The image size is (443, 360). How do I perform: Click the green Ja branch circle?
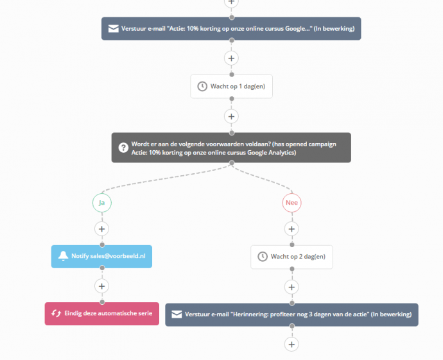[101, 203]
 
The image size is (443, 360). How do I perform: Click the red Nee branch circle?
[291, 203]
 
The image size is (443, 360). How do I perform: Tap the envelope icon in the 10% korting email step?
[112, 29]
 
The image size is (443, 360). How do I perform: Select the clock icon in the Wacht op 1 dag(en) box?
[202, 86]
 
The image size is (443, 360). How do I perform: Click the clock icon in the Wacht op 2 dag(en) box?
[262, 257]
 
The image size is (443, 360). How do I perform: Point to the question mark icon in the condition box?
[122, 148]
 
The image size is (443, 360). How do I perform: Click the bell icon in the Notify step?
[63, 257]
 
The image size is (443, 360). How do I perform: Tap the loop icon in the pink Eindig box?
[56, 314]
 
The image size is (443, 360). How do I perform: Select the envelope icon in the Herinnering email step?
[176, 315]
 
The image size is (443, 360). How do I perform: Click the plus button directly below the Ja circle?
[101, 228]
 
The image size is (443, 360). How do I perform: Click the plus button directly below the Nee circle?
[291, 228]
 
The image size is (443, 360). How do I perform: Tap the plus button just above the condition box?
[232, 116]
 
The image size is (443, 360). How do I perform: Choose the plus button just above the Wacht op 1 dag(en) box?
[232, 58]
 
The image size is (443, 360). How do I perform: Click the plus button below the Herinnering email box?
[291, 344]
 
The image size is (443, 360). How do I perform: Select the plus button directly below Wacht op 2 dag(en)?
[291, 286]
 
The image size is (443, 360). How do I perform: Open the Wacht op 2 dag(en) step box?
[291, 257]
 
